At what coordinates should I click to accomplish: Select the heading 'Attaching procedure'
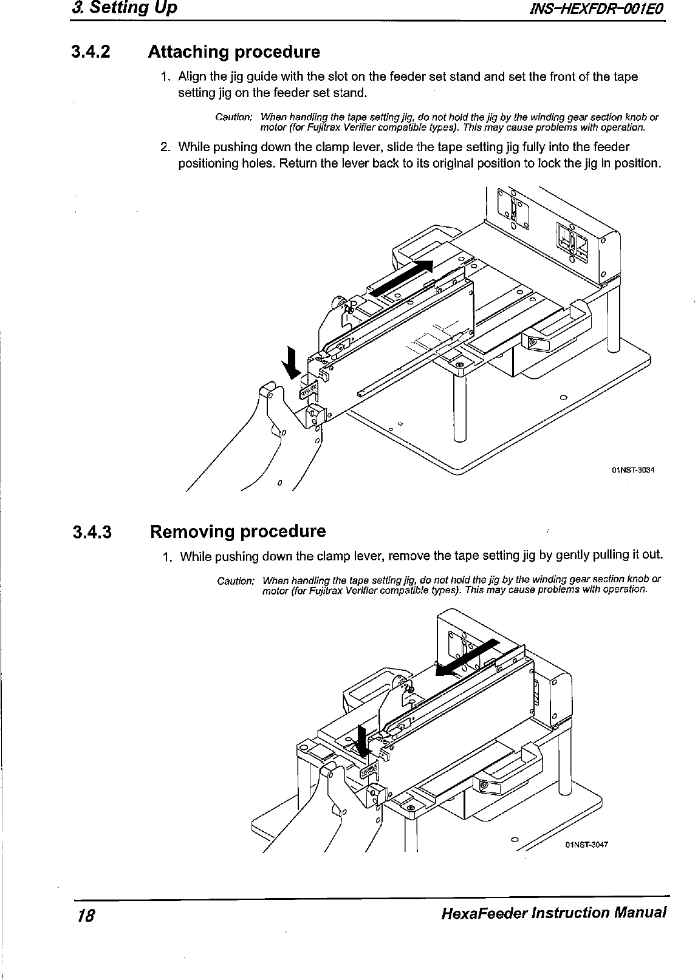point(234,52)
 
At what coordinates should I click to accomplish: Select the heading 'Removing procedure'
point(238,532)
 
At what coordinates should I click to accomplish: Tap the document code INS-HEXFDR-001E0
point(598,10)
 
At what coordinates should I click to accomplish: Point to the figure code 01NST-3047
point(587,844)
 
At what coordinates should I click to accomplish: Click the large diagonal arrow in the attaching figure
point(402,277)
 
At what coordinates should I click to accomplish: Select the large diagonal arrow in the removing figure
point(468,657)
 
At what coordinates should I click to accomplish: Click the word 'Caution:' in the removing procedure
point(236,581)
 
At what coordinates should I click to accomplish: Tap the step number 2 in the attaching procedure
point(164,147)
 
